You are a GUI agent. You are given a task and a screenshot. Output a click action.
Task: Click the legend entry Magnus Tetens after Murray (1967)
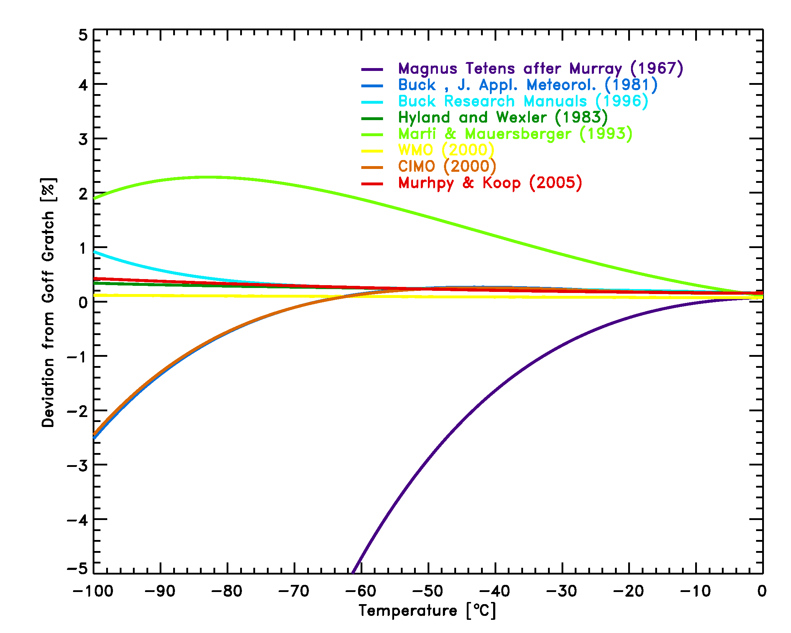[x=541, y=69]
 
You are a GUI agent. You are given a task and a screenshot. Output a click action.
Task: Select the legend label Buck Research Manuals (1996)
[x=523, y=101]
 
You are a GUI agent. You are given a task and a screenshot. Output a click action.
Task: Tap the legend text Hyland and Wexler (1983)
[x=503, y=117]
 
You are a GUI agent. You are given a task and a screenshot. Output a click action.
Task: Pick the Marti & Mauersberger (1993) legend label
[x=515, y=134]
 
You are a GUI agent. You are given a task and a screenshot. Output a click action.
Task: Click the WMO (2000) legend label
[x=446, y=150]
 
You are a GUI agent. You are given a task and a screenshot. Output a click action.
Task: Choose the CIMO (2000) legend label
[x=447, y=166]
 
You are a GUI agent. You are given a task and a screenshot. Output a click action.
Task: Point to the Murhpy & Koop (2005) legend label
[x=490, y=183]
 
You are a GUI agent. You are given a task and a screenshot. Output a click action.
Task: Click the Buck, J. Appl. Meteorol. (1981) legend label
[x=528, y=85]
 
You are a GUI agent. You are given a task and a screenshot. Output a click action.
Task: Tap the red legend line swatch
[x=372, y=184]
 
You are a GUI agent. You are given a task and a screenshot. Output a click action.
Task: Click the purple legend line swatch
[x=372, y=70]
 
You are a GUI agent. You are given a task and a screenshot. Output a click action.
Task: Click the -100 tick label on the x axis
[x=93, y=591]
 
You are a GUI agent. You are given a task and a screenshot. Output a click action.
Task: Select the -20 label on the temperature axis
[x=629, y=591]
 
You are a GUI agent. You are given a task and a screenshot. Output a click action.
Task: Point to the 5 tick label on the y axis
[x=83, y=36]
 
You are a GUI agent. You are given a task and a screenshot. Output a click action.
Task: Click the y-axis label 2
[x=83, y=194]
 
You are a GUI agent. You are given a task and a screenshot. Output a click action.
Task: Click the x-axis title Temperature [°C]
[x=428, y=611]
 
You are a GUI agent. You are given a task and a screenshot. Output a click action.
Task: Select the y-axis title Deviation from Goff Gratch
[x=48, y=303]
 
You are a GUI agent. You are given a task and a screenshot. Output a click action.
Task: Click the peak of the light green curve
[x=207, y=177]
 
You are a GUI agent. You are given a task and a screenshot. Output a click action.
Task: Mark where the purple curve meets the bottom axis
[x=353, y=573]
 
